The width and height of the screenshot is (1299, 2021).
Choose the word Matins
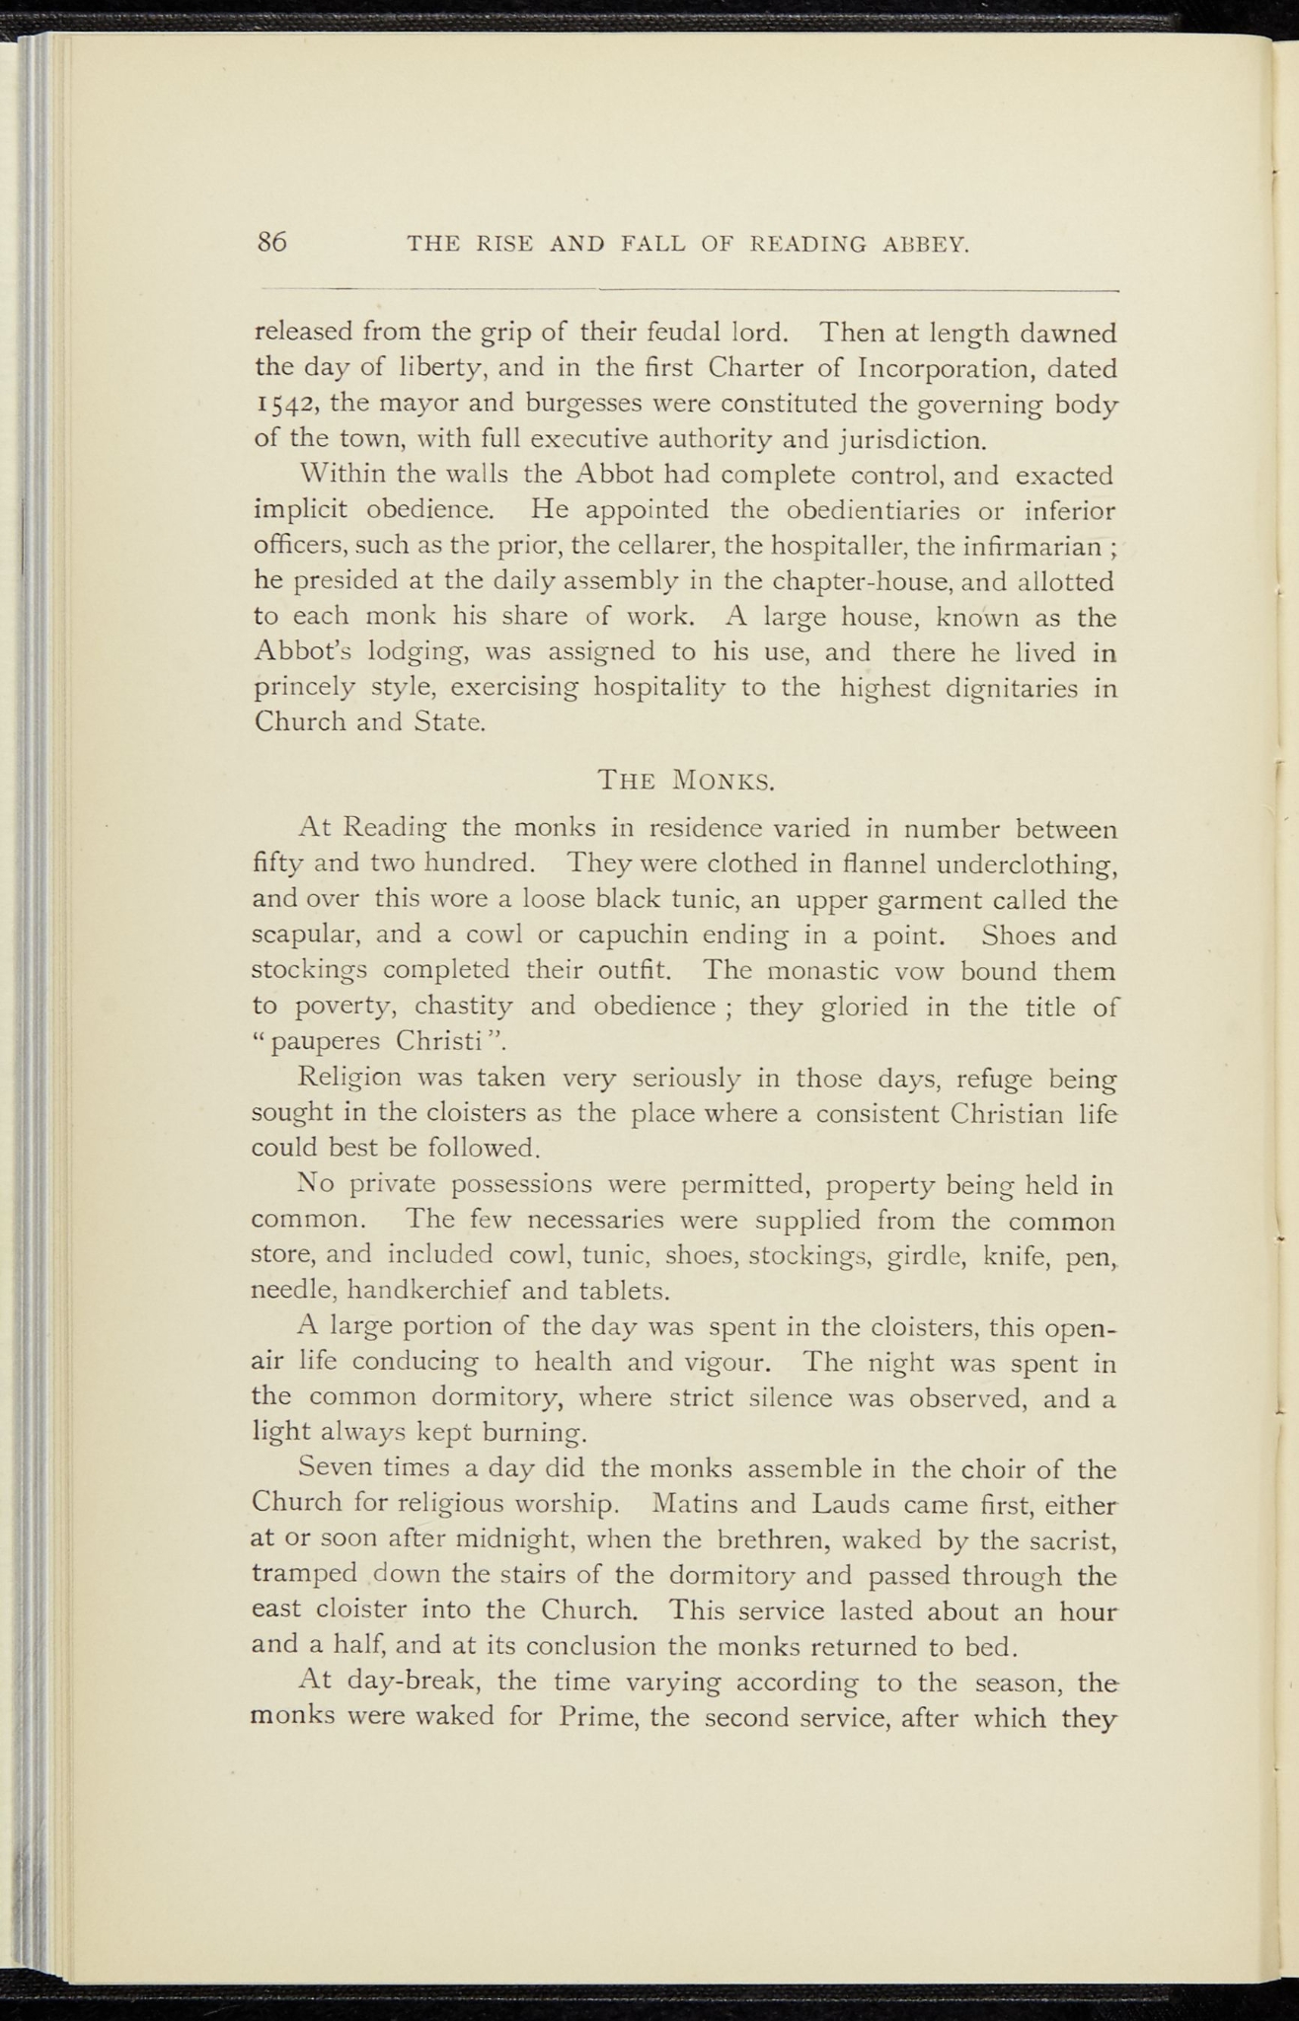point(699,1505)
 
